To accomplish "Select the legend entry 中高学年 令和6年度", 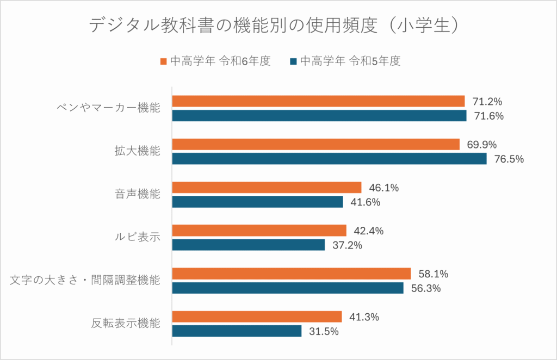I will (x=220, y=61).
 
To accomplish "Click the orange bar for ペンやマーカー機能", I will (x=318, y=101).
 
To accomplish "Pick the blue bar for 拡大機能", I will (x=329, y=159).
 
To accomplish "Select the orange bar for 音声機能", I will (x=267, y=188).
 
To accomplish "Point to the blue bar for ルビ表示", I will (x=248, y=245).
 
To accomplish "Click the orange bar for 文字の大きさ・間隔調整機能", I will (x=291, y=274).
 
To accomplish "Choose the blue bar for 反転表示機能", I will (x=237, y=331).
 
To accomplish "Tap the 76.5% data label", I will (x=509, y=159).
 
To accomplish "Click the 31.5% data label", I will (x=324, y=331).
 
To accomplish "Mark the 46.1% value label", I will (x=384, y=188).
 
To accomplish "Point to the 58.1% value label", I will (x=433, y=274).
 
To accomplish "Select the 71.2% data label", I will (x=487, y=102).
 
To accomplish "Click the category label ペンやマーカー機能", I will (x=108, y=108).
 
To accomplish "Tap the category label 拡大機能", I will (x=133, y=151).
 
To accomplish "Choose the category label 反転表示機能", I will (x=126, y=324).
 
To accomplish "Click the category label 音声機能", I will (x=133, y=194).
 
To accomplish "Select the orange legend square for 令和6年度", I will (x=164, y=61).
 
